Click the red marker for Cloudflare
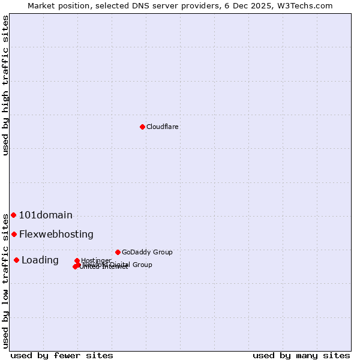coord(142,127)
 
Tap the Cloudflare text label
coord(163,127)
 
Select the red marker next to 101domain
coord(13,215)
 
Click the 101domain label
coord(46,215)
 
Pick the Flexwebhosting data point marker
coord(14,234)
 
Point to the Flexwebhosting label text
coord(56,234)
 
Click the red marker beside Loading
coord(16,260)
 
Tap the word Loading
coord(40,260)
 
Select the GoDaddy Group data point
coord(118,252)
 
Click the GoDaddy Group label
coord(147,252)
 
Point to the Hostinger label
coord(96,260)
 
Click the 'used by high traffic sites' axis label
coord(5,85)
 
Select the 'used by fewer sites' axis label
coord(62,355)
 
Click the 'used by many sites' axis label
coord(301,355)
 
